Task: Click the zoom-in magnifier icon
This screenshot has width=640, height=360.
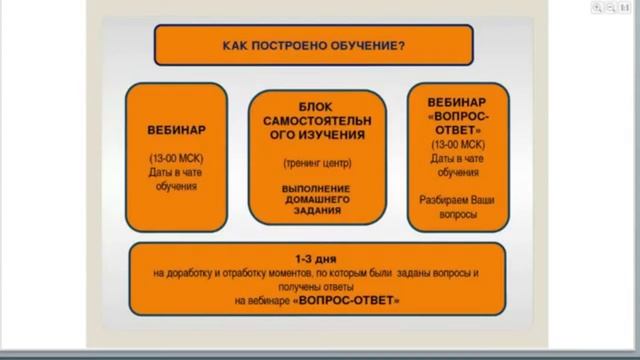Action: click(x=597, y=6)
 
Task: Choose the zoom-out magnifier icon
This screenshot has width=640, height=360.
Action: click(x=610, y=6)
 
